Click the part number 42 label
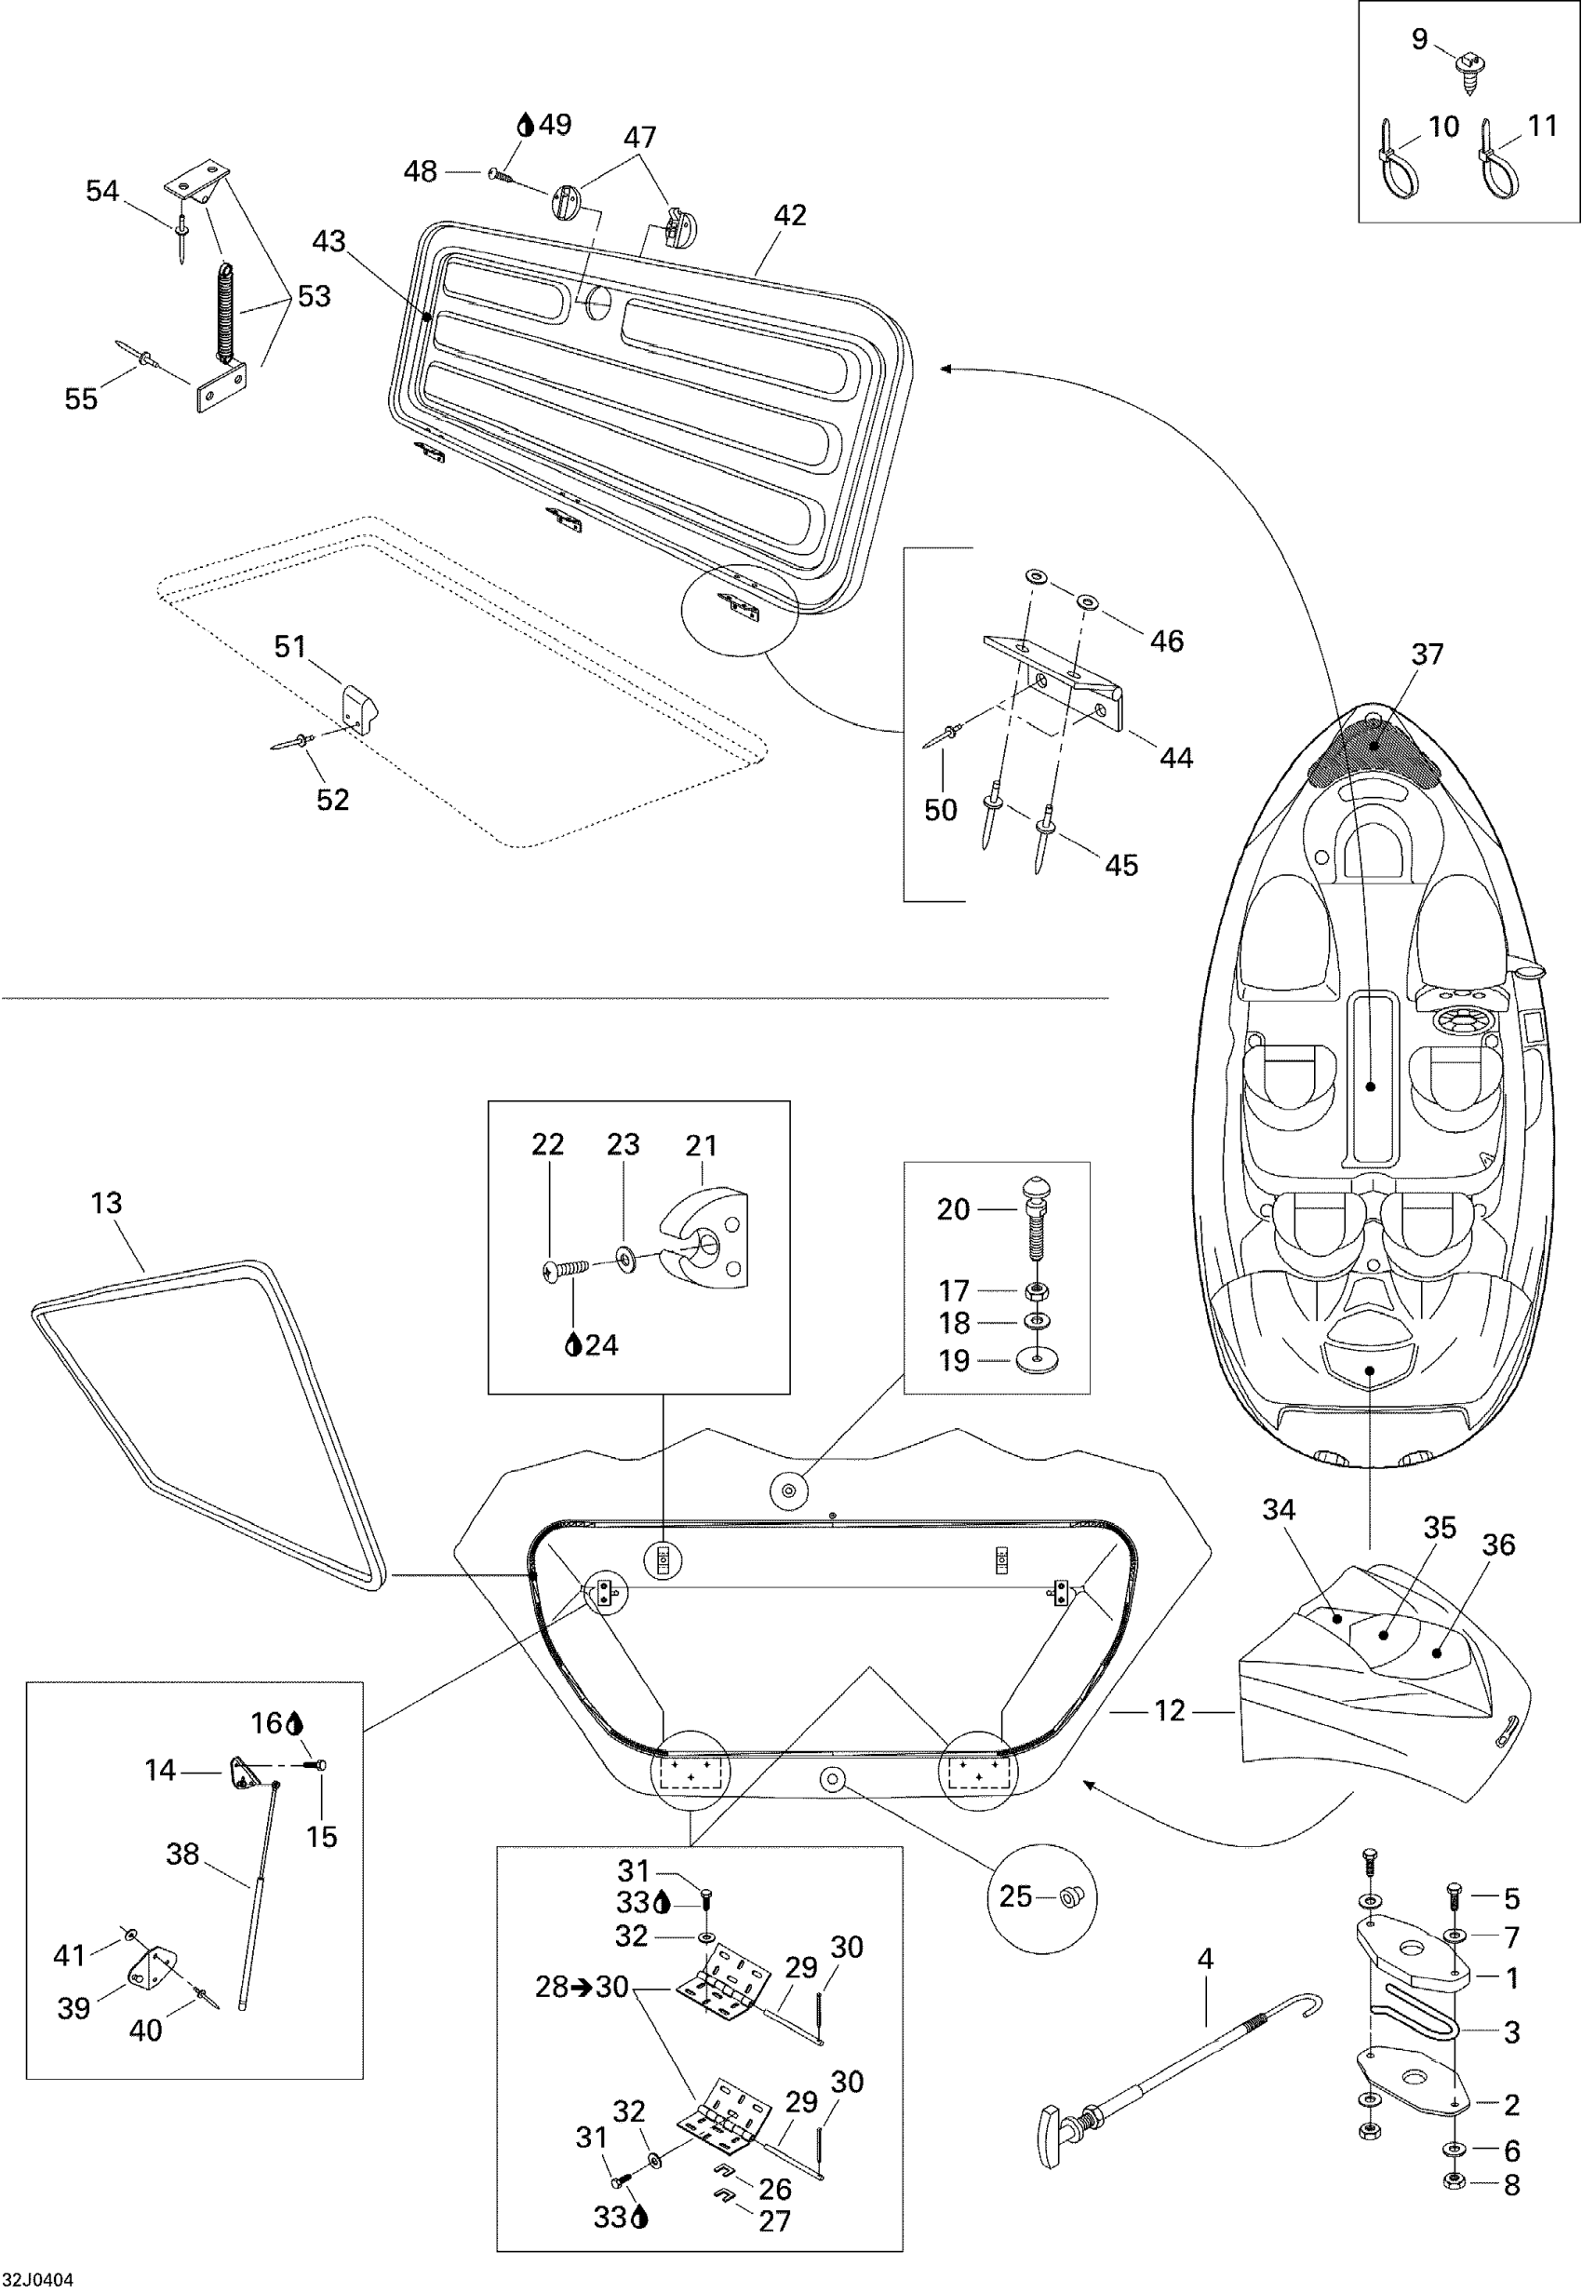(x=790, y=215)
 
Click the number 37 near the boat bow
(x=1428, y=654)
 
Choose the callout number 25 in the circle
(x=1016, y=1896)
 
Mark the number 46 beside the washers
(x=1167, y=641)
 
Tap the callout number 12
(x=1170, y=1710)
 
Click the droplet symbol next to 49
(x=526, y=125)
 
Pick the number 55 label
(x=81, y=398)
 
